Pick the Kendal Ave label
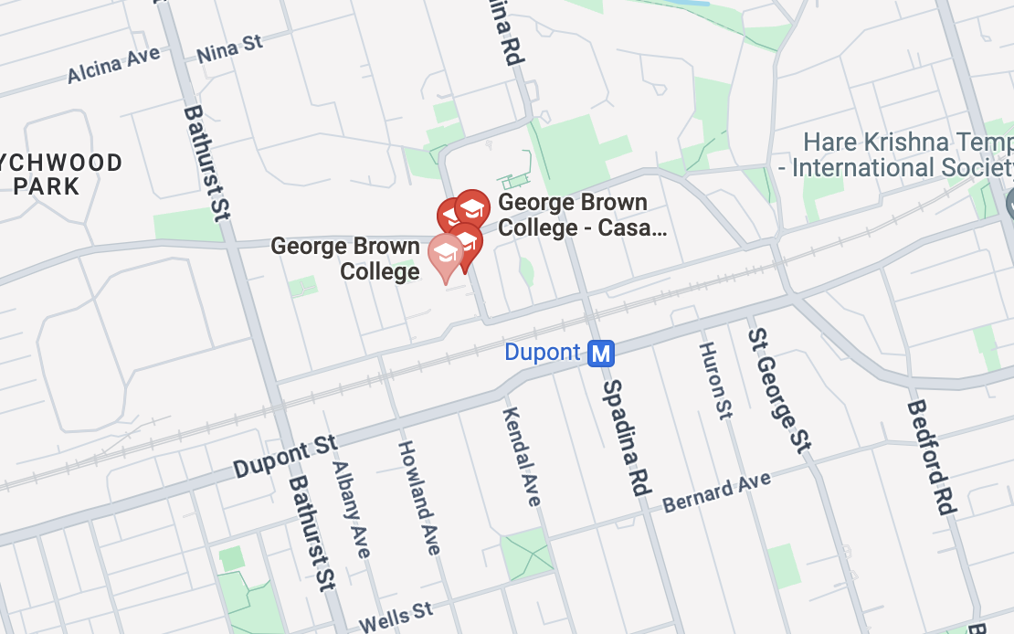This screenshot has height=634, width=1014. pos(522,456)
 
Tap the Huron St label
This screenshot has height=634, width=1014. pos(715,380)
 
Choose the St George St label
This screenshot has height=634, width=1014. pos(778,390)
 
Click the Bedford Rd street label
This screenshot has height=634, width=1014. pos(931,458)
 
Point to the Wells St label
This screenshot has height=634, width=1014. pos(395,617)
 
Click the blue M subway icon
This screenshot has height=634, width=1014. pos(600,353)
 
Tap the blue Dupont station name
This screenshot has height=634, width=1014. pos(543,353)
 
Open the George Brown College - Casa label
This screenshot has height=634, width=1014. pos(582,215)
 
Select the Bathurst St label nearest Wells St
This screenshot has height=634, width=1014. pos(312,533)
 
